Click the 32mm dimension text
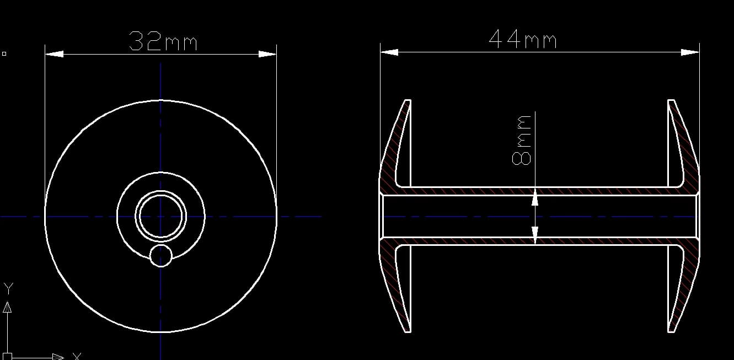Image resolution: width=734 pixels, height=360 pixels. pyautogui.click(x=163, y=41)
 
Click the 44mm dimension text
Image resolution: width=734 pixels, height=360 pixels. pyautogui.click(x=522, y=40)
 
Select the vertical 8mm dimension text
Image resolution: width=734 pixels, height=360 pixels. pyautogui.click(x=522, y=140)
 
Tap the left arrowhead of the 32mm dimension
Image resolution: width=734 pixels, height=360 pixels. pyautogui.click(x=54, y=54)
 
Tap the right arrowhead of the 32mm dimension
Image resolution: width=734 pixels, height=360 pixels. pyautogui.click(x=267, y=54)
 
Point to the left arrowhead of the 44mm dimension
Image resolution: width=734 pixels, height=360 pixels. pyautogui.click(x=389, y=52)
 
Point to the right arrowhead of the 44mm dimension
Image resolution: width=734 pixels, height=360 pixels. pyautogui.click(x=690, y=52)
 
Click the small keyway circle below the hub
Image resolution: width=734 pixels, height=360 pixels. pyautogui.click(x=160, y=256)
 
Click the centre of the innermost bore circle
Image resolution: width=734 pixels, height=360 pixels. pyautogui.click(x=160, y=217)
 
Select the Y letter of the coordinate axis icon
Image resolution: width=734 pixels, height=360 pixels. pyautogui.click(x=8, y=288)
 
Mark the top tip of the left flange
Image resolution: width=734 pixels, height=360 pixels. pyautogui.click(x=408, y=101)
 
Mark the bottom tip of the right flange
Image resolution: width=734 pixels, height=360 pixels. pyautogui.click(x=671, y=331)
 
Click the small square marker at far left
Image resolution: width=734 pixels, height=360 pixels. pyautogui.click(x=4, y=53)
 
